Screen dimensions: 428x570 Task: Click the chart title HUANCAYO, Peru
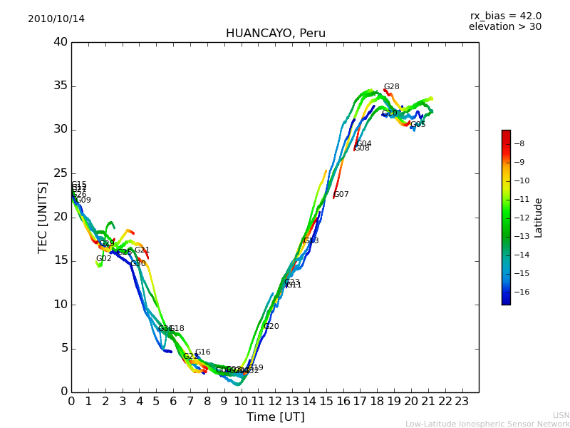275,34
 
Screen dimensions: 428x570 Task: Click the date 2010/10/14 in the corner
56,19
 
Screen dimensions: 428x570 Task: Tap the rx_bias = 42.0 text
505,16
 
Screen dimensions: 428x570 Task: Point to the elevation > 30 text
504,27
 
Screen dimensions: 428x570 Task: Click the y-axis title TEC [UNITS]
43,218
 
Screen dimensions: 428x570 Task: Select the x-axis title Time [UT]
275,417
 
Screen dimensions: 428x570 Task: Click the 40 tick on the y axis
60,42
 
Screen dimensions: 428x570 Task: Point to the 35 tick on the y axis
60,86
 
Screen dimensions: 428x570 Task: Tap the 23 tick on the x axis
462,401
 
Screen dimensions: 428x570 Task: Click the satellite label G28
391,87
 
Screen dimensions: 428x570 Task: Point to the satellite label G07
341,195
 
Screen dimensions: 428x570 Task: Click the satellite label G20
271,327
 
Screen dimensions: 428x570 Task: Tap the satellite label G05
418,125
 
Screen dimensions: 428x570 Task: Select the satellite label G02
104,259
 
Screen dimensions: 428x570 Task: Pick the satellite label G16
203,352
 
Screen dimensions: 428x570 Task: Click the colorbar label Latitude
539,218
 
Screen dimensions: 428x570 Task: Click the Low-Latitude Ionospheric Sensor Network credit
487,424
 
